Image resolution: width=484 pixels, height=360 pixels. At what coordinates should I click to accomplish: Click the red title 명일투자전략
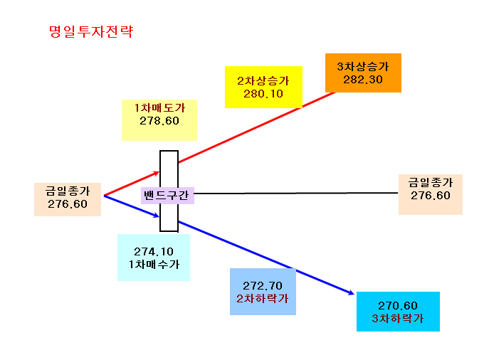[x=91, y=31]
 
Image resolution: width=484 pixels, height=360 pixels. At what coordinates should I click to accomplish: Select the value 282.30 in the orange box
[x=363, y=80]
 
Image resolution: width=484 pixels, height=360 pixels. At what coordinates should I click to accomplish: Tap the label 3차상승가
[x=363, y=66]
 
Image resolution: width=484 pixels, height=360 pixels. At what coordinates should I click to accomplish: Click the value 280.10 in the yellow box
[x=263, y=94]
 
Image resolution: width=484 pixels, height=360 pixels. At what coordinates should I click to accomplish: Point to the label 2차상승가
[x=263, y=81]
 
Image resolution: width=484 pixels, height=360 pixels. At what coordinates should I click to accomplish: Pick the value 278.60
[x=159, y=121]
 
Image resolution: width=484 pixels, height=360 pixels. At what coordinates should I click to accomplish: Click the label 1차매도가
[x=159, y=107]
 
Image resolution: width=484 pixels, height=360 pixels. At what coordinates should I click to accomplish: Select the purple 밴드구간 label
[x=166, y=195]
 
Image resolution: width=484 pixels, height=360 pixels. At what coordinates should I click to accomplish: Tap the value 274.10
[x=154, y=252]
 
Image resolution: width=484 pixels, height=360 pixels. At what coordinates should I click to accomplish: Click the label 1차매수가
[x=154, y=265]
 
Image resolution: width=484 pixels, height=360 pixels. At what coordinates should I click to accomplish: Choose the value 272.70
[x=263, y=286]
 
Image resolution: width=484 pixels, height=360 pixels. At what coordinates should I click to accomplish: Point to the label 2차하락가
[x=263, y=299]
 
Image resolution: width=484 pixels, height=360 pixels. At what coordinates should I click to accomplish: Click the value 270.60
[x=398, y=306]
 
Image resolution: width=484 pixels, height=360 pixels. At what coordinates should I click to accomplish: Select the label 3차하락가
[x=398, y=318]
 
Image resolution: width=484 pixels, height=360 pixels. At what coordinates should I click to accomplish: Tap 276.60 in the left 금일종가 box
[x=68, y=204]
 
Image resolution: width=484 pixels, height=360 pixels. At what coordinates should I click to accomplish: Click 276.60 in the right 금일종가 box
[x=431, y=195]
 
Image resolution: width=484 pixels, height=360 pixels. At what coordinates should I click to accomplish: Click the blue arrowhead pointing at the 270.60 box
[x=351, y=292]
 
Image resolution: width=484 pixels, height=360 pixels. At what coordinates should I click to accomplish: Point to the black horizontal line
[x=296, y=193]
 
